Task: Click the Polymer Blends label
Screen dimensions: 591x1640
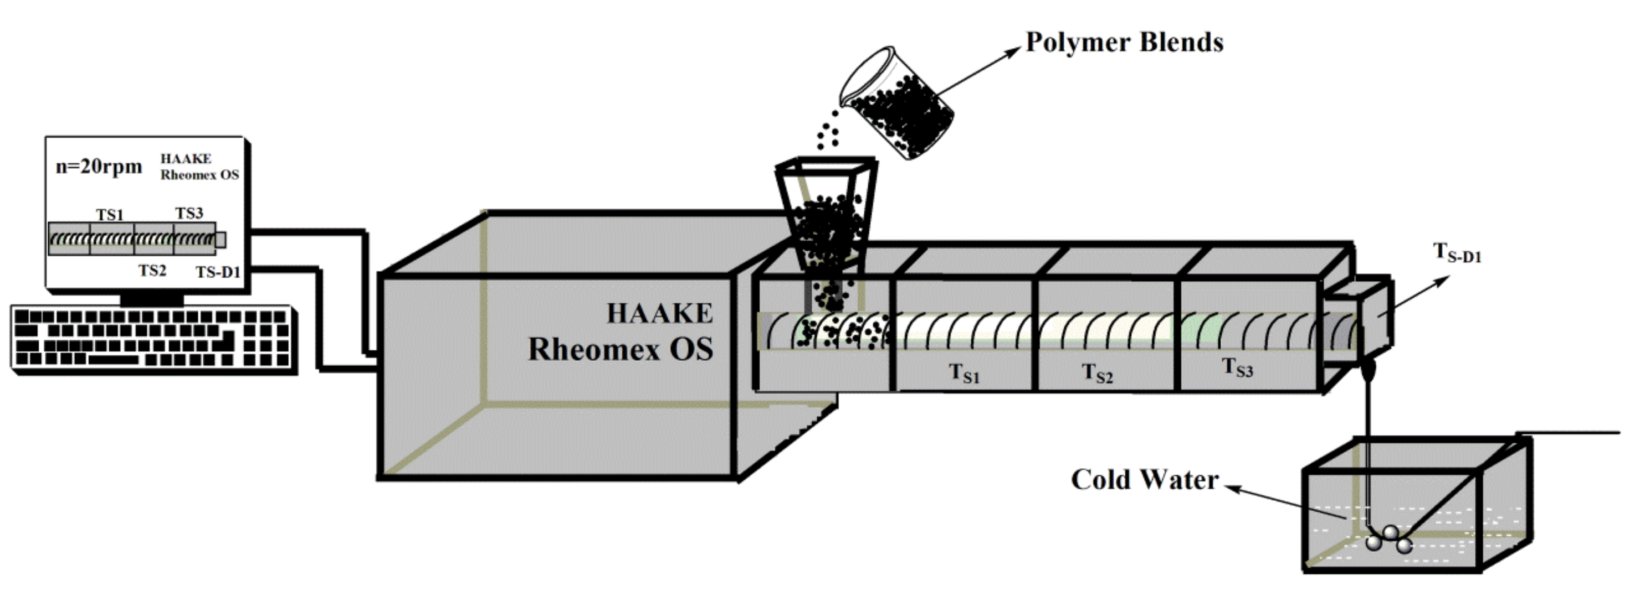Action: tap(1124, 42)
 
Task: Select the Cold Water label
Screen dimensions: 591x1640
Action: tap(1144, 480)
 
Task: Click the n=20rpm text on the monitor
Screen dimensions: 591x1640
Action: tap(99, 167)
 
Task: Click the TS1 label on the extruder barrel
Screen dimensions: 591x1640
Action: tap(964, 373)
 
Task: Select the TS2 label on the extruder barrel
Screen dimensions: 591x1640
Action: tap(1097, 373)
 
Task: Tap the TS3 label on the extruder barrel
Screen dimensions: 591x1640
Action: tap(1237, 367)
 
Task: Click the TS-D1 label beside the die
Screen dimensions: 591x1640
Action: tap(1457, 253)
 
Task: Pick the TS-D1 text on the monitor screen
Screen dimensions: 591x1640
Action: tap(218, 272)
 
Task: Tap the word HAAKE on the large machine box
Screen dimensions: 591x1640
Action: tap(659, 314)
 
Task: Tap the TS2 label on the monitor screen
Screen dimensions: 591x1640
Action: tap(152, 271)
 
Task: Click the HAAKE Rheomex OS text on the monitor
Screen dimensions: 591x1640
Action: tap(199, 167)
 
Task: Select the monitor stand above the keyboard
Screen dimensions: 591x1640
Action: tap(151, 298)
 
